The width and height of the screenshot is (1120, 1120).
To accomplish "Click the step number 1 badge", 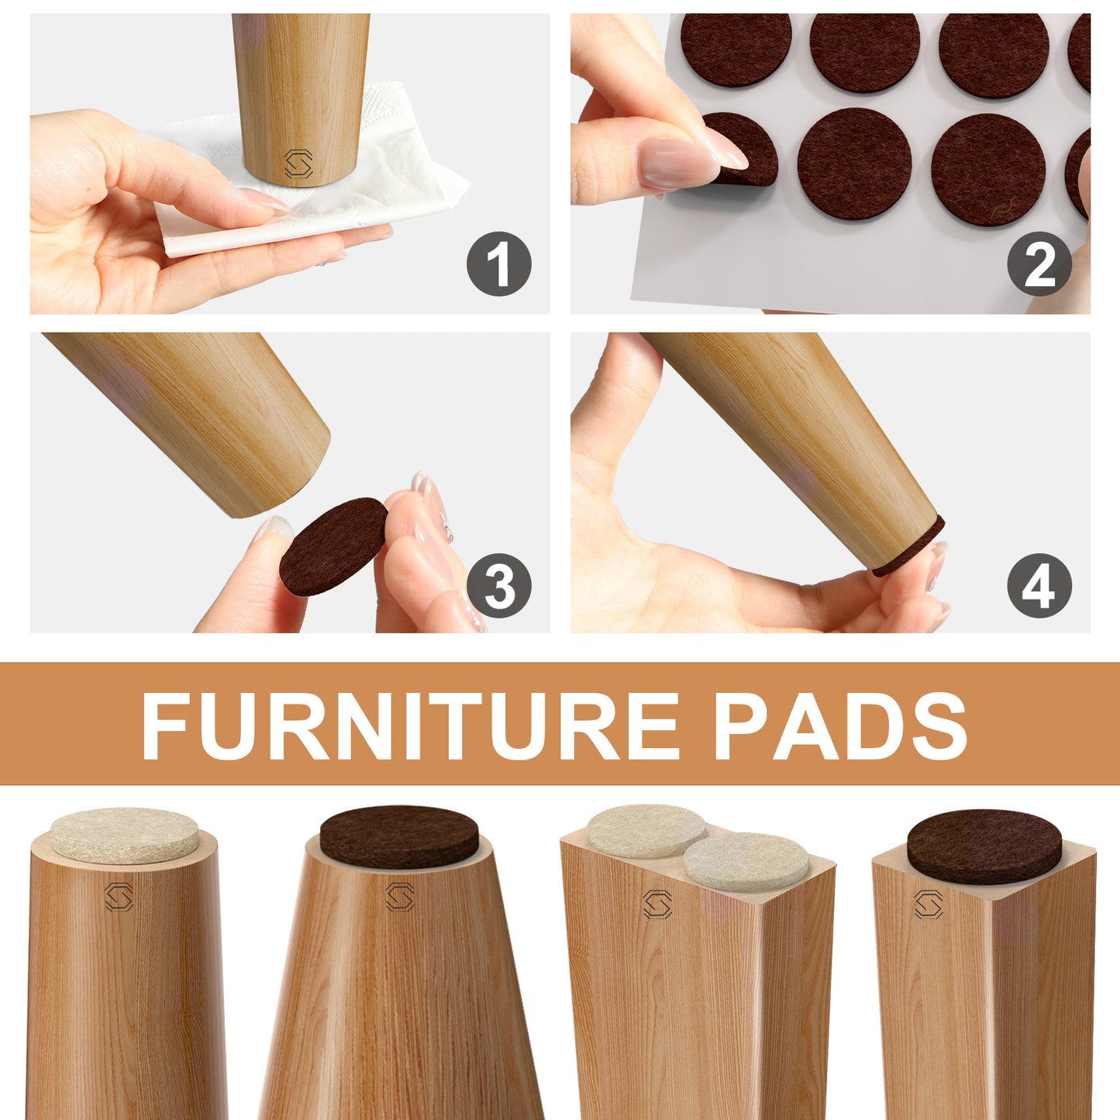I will pyautogui.click(x=498, y=264).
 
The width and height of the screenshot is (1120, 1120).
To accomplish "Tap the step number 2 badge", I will pyautogui.click(x=1039, y=264).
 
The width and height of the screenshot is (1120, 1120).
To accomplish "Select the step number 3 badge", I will pyautogui.click(x=498, y=585).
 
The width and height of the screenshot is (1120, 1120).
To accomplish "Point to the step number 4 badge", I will pyautogui.click(x=1039, y=585).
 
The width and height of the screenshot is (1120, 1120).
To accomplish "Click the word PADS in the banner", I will pyautogui.click(x=840, y=726).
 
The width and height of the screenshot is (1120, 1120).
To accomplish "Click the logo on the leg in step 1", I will pyautogui.click(x=298, y=164).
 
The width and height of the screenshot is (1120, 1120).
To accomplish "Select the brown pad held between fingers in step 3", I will pyautogui.click(x=333, y=546).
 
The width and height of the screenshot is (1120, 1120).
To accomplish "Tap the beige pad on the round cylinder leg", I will pyautogui.click(x=124, y=834).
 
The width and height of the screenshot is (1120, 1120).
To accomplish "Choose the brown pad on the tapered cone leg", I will pyautogui.click(x=399, y=836).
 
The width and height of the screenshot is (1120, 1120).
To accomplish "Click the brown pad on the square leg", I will pyautogui.click(x=984, y=846).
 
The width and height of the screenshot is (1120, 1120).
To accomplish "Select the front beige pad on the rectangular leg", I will pyautogui.click(x=746, y=861).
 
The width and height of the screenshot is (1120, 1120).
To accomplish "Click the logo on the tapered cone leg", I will pyautogui.click(x=400, y=898).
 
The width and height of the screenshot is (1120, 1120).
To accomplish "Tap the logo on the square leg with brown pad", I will pyautogui.click(x=928, y=904).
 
